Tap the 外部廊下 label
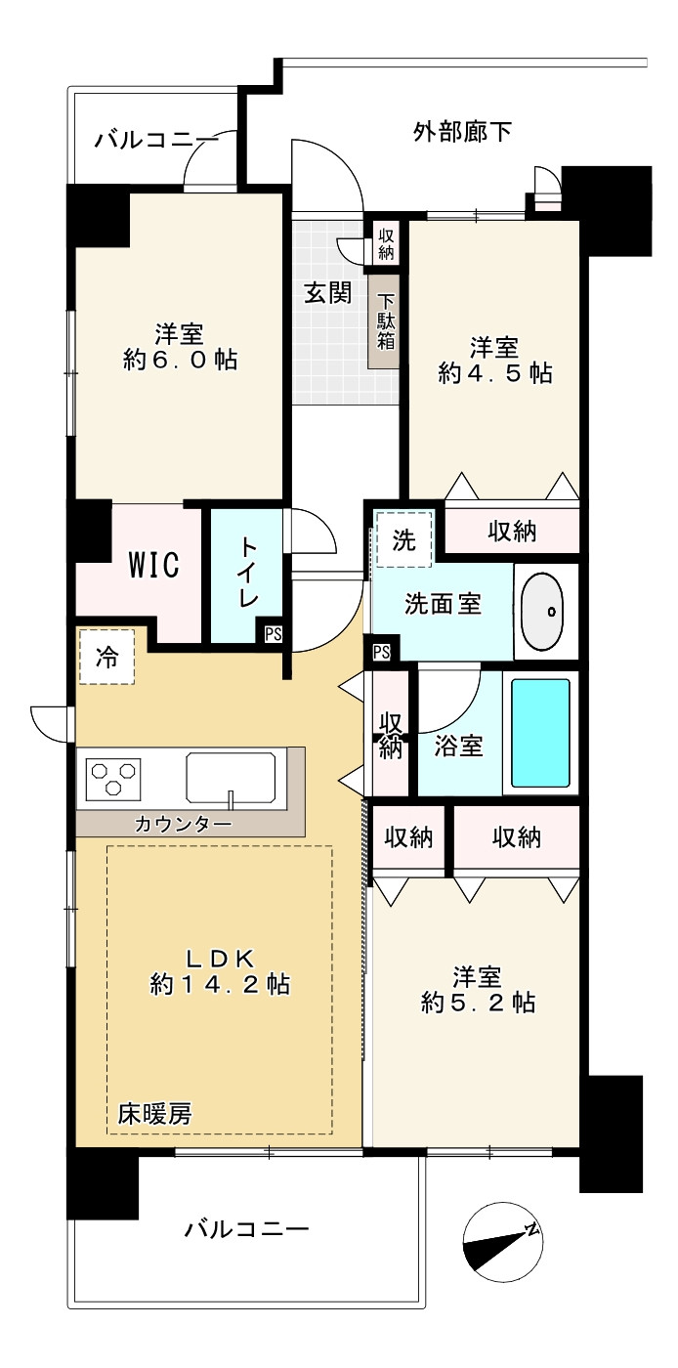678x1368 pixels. coord(462,132)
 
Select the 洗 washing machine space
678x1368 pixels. coord(404,540)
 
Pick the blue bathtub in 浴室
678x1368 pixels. coord(540,733)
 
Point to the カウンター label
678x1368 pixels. coord(183,824)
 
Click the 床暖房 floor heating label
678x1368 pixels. coord(154,1113)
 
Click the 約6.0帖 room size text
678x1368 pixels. coord(180,360)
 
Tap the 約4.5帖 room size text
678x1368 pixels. coord(494,373)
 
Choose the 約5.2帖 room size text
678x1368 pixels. coord(477,1003)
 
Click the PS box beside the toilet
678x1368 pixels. coord(273,634)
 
